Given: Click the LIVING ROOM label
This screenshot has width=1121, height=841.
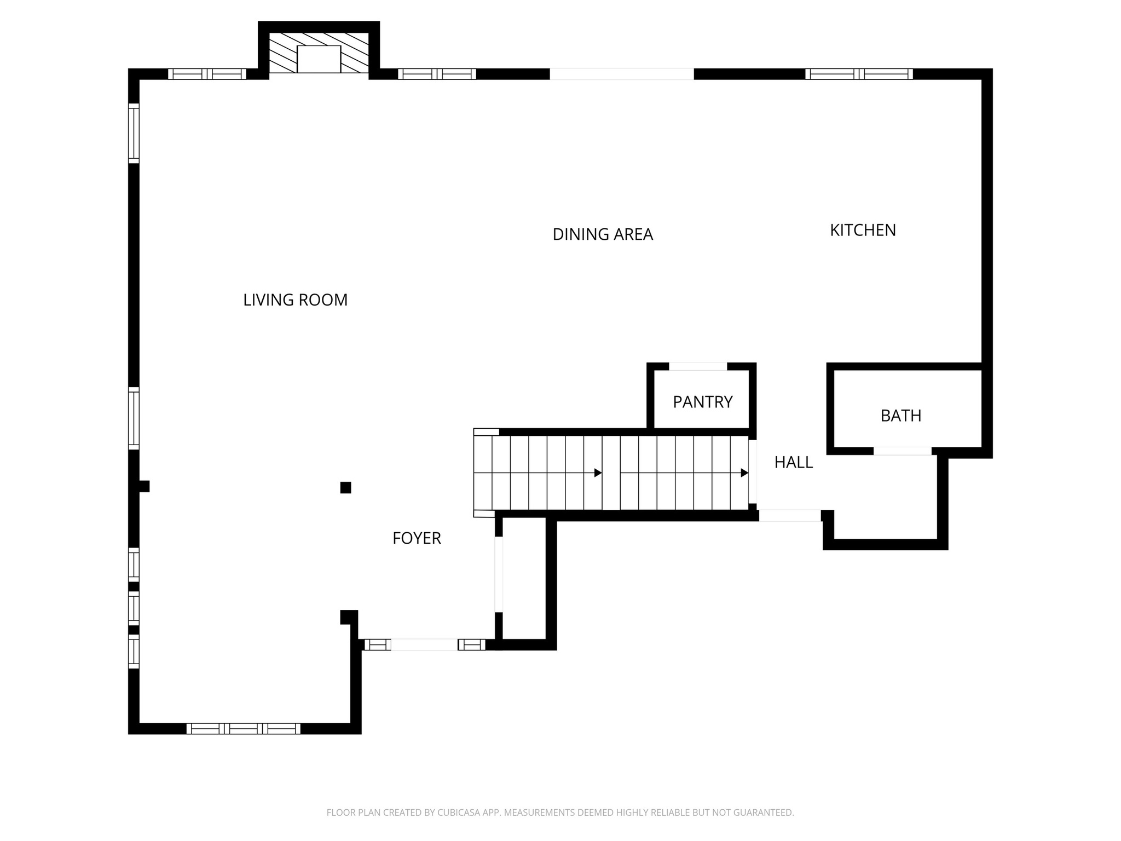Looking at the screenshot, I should click(295, 300).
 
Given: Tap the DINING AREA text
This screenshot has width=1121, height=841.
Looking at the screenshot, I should click(603, 234).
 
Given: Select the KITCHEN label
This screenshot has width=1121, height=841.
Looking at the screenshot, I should click(863, 231).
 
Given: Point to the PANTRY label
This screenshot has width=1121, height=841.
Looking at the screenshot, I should click(702, 402).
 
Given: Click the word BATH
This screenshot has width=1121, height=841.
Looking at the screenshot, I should click(900, 416).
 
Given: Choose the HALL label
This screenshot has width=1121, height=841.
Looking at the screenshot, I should click(793, 463).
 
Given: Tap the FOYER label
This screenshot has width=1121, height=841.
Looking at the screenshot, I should click(417, 538).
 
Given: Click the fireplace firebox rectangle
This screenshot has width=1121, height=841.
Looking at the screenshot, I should click(319, 59).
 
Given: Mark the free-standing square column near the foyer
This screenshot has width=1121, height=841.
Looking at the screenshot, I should click(345, 487).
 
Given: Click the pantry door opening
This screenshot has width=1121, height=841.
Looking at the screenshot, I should click(698, 366).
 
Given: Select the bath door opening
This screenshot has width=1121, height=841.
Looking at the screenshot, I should click(902, 451).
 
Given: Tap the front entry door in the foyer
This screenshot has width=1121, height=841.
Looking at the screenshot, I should click(424, 644).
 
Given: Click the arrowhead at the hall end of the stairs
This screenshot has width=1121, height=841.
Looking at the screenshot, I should click(744, 473).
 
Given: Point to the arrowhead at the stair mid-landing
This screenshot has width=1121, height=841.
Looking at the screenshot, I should click(598, 473).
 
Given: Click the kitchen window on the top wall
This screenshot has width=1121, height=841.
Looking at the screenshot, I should click(859, 74).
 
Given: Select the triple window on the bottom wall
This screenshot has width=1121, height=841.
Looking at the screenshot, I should click(243, 728).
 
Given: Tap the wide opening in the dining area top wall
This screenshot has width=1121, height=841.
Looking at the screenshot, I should click(621, 74).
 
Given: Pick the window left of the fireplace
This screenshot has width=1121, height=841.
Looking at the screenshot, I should click(207, 74).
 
